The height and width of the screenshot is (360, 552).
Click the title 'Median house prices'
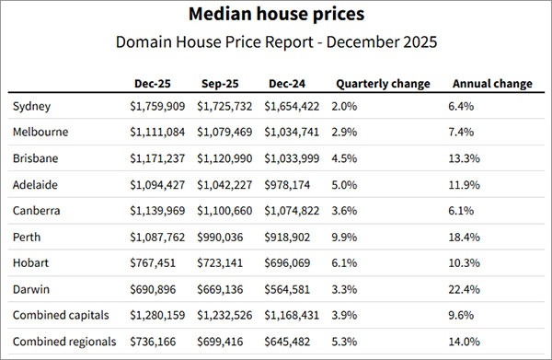click(275, 15)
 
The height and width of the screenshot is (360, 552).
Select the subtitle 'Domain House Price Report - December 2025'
click(275, 42)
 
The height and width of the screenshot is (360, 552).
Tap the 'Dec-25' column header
click(149, 83)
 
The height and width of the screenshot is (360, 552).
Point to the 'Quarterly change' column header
click(383, 83)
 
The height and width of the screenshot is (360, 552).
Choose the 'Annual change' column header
click(492, 83)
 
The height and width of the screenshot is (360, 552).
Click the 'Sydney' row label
click(32, 106)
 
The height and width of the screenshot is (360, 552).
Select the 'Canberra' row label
click(38, 210)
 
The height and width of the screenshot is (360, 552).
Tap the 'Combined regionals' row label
click(64, 341)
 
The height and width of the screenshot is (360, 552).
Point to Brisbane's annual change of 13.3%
click(464, 157)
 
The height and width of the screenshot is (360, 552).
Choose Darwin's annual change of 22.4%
click(464, 288)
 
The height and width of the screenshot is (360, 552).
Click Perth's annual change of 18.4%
click(464, 237)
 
